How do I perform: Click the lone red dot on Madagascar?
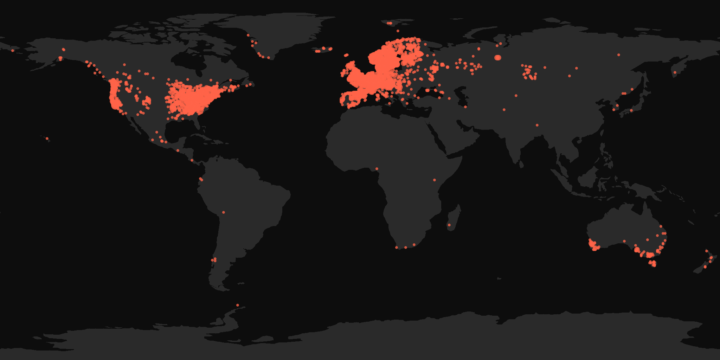coord(449,225)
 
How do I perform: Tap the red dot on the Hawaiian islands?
coord(47,139)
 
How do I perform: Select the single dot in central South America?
coord(224,212)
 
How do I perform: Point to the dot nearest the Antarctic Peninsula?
coord(238,305)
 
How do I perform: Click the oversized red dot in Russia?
coord(497,57)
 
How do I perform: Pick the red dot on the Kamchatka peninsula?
coord(675,73)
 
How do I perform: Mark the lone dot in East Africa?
coord(435,180)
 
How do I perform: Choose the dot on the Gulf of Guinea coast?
coord(377,169)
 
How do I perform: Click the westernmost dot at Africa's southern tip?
coord(397,247)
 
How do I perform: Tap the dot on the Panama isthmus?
coord(192,160)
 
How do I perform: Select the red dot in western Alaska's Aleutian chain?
coord(13,51)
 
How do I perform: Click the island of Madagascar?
coord(454,218)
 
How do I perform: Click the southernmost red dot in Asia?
coord(537,125)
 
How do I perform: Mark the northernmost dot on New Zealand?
coord(706,251)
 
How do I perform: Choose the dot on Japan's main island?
coord(631,110)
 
